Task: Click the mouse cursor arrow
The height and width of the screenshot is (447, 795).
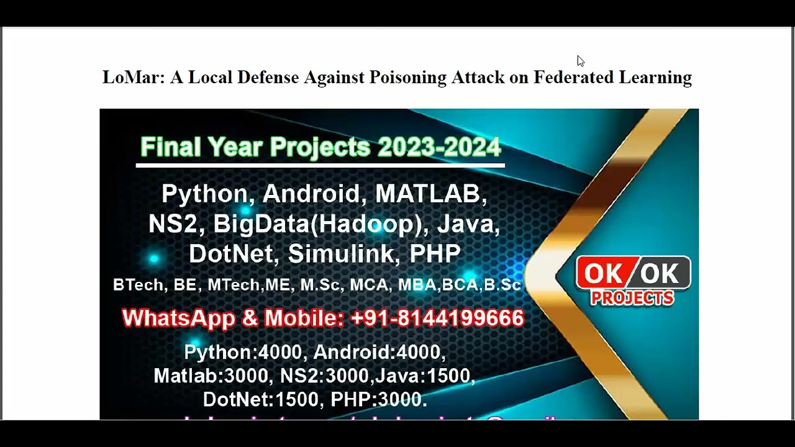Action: (580, 61)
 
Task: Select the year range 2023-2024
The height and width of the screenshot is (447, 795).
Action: (438, 147)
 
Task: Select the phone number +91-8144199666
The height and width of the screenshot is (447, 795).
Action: (437, 318)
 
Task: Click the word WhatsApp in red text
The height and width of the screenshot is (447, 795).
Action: (179, 318)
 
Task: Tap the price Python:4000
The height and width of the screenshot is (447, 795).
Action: (243, 352)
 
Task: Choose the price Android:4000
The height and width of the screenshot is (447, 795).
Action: (379, 352)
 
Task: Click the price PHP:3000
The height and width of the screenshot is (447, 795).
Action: (378, 400)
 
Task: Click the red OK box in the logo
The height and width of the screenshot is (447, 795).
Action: (603, 273)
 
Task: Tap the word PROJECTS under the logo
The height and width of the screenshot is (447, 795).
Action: (632, 298)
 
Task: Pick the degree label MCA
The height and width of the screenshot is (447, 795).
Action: (370, 285)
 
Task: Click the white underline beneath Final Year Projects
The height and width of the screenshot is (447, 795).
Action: (320, 166)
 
